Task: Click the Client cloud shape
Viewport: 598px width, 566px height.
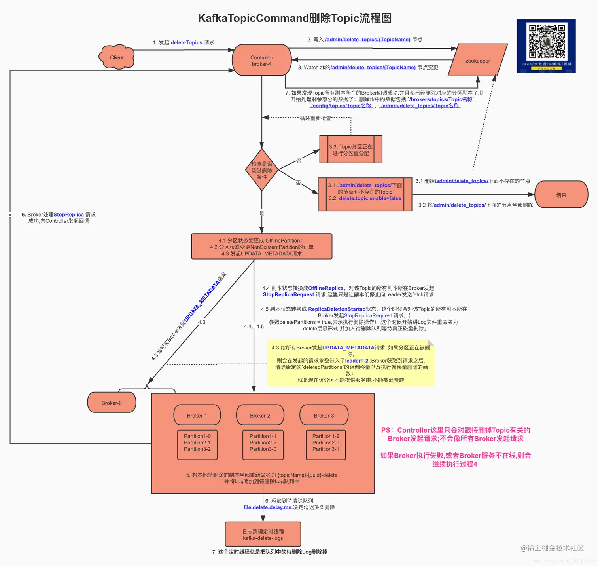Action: point(116,57)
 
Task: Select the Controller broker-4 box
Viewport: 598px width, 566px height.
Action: point(261,60)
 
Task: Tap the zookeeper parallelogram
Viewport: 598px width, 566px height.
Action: point(477,60)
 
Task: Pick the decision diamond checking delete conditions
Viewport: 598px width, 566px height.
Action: point(261,170)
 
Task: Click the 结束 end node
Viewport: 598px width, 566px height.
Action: point(561,195)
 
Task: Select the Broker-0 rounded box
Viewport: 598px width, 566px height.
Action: point(112,403)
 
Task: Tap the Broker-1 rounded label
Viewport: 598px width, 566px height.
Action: point(197,415)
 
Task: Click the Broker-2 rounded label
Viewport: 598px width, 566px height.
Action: point(260,415)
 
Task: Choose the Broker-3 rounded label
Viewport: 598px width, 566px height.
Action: point(324,415)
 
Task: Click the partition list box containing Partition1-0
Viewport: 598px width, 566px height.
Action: point(197,444)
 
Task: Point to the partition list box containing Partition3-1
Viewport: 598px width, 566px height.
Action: point(325,444)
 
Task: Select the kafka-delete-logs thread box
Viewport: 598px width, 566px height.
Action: point(263,534)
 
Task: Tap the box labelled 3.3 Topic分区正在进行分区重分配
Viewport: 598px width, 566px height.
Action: point(350,150)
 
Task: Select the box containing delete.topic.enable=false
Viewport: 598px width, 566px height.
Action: point(365,194)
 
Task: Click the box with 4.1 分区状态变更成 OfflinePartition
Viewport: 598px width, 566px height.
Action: point(261,247)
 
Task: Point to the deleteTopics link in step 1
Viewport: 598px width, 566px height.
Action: point(187,42)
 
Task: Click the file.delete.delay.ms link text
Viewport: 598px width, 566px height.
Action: point(267,507)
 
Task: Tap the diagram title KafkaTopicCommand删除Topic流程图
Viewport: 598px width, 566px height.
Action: point(295,18)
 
